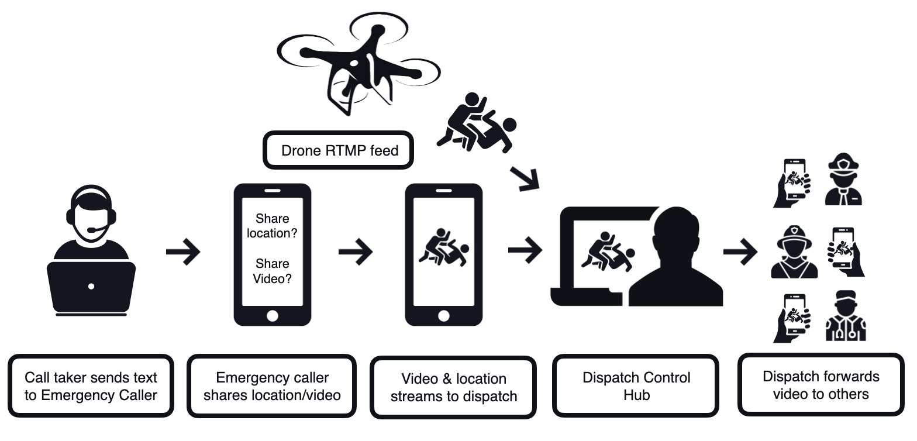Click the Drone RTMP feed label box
(340, 150)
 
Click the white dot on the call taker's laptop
(91, 287)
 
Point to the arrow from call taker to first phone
(183, 252)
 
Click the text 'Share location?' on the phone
(272, 226)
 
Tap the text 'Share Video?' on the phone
(272, 271)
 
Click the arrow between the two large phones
(356, 252)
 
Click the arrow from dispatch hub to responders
(740, 252)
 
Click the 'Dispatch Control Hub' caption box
(636, 385)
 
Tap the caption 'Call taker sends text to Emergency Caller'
(91, 386)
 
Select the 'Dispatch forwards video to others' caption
(821, 385)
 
